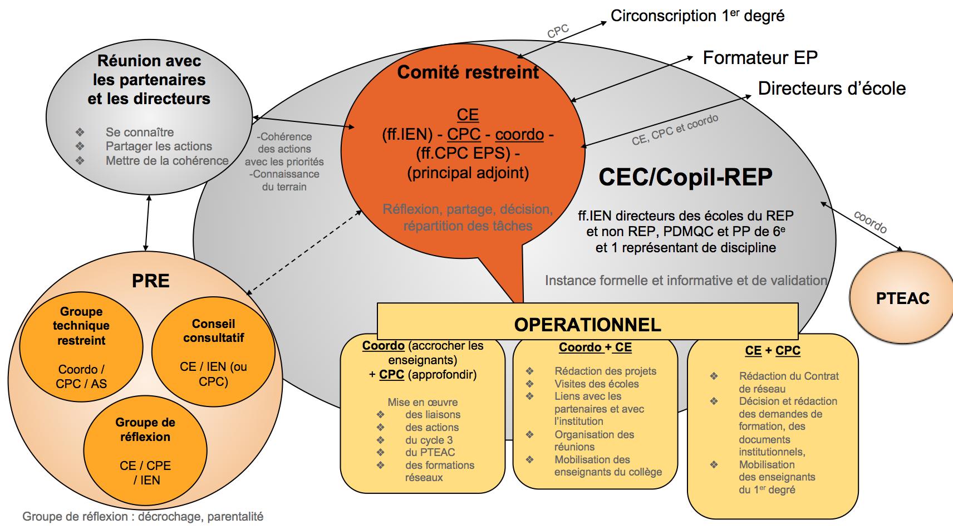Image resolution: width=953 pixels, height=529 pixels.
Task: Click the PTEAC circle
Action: (902, 298)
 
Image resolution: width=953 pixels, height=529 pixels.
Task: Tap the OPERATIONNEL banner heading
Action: (587, 324)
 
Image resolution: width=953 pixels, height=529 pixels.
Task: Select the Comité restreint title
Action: (468, 72)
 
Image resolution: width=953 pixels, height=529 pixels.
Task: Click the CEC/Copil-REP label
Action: (685, 177)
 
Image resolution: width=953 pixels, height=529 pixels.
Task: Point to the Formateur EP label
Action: (760, 57)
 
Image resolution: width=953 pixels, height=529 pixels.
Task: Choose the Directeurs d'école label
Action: (832, 88)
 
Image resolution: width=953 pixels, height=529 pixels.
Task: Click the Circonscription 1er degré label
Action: (697, 16)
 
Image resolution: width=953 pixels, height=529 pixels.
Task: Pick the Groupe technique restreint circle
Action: (81, 346)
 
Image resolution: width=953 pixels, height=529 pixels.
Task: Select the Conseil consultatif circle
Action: (214, 351)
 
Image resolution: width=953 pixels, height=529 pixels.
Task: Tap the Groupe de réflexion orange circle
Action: (145, 450)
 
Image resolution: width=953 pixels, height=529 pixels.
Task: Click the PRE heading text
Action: (150, 281)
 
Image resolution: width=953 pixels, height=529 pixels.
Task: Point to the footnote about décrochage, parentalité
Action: (143, 516)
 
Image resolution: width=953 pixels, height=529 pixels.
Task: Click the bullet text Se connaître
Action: (140, 132)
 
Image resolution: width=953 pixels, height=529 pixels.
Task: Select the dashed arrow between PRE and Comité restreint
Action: (304, 252)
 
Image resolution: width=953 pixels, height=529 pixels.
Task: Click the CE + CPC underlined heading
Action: (773, 351)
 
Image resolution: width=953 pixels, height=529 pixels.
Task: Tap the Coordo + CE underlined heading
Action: (595, 347)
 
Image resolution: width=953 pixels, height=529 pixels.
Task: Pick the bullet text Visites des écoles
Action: (596, 384)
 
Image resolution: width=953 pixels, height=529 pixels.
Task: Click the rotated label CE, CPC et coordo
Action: (675, 130)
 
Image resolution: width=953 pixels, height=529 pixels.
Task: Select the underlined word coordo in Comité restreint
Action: (519, 134)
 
